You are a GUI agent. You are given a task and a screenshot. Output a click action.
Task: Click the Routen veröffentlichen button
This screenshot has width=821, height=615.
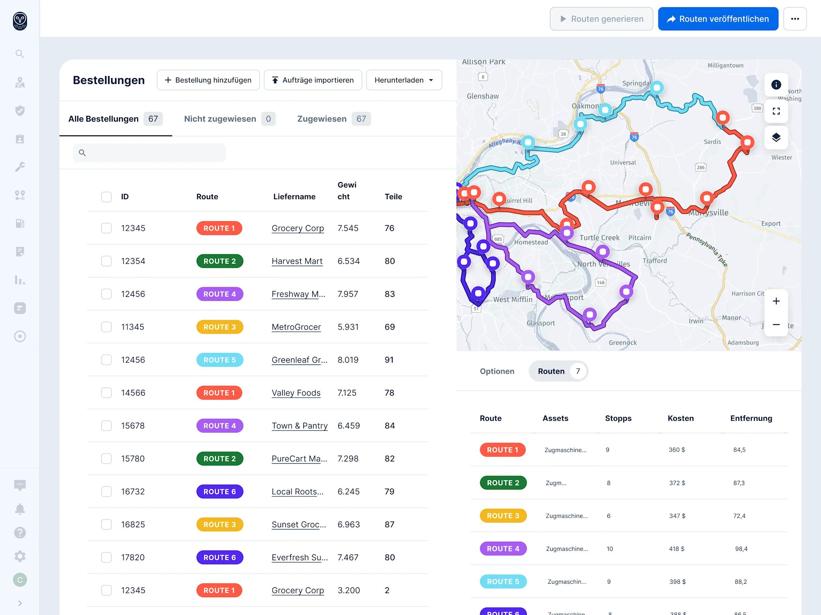(718, 19)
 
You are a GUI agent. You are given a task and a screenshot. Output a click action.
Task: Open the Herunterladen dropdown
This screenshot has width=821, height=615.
(404, 80)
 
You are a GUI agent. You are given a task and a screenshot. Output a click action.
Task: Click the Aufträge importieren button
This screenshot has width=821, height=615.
(312, 80)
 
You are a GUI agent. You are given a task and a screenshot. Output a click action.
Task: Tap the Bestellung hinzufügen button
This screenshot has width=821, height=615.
(208, 80)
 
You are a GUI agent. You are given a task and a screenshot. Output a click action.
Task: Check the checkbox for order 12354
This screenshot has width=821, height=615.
(106, 261)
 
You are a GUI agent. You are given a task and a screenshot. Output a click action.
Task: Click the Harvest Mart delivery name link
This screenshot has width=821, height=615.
(297, 261)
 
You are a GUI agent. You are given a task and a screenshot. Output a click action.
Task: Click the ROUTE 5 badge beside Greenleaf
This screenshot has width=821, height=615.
(219, 360)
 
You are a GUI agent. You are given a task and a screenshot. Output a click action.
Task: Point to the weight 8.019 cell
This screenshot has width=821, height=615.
(348, 360)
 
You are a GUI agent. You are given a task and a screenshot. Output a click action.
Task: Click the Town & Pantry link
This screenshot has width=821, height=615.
(300, 426)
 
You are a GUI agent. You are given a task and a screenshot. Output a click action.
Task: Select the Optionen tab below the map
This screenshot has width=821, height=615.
(497, 371)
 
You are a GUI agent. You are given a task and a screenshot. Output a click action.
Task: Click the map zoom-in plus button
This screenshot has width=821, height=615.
(776, 301)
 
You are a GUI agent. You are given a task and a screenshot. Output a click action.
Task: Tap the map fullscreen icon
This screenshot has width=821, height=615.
(776, 111)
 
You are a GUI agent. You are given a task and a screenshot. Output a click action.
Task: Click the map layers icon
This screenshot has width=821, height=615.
(776, 137)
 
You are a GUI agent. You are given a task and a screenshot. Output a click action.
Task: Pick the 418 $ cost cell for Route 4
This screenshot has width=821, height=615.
(677, 549)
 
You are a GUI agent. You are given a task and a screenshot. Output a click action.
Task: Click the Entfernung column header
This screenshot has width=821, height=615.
(751, 418)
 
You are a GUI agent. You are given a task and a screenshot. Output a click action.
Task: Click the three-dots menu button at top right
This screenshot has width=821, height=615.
(795, 19)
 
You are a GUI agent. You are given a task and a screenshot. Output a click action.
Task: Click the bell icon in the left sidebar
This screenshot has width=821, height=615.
(20, 509)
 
